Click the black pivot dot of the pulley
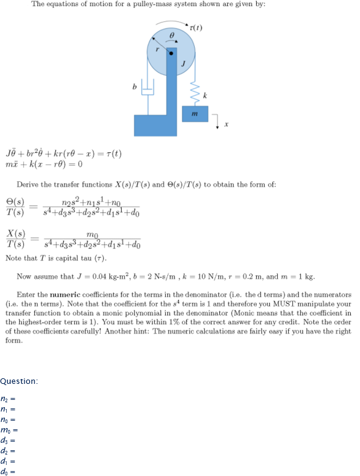(x=171, y=53)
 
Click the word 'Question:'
(x=19, y=381)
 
